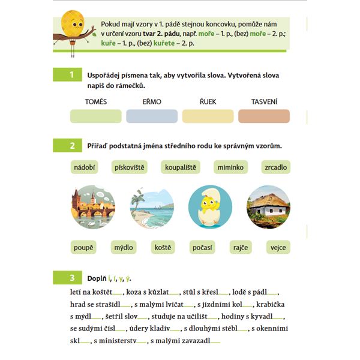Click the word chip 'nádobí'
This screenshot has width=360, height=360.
coord(85,167)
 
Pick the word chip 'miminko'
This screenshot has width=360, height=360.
coord(229,167)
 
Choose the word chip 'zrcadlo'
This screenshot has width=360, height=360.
coord(275,167)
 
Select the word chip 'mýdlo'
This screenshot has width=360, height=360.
coord(124,247)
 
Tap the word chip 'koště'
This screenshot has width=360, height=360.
coord(163,247)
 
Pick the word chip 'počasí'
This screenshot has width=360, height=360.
coord(202,247)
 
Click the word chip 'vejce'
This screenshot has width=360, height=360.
coord(278,247)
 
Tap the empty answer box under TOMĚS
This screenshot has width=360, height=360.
coord(96,116)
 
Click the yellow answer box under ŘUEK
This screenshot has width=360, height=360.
coord(208,116)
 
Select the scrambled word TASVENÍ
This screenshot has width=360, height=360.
coord(263,101)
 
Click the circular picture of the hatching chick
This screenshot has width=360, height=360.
coord(210,207)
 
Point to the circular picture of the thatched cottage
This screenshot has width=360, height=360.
coord(268,207)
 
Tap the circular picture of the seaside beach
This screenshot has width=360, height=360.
coord(152,207)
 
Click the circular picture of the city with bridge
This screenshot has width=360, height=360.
coord(92,207)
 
